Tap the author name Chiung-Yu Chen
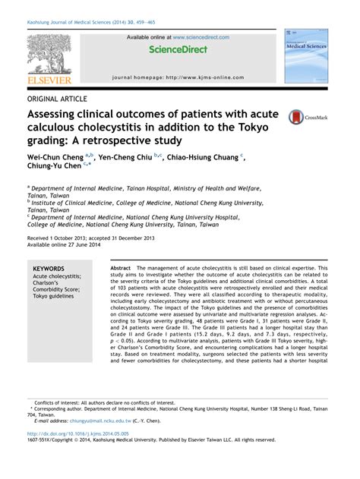click(55, 169)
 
